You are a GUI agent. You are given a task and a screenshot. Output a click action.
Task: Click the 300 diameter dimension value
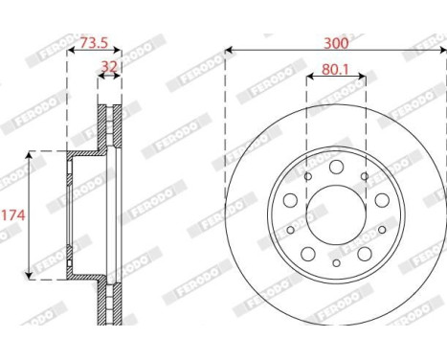(335, 43)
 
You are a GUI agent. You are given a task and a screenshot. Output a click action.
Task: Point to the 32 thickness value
(110, 68)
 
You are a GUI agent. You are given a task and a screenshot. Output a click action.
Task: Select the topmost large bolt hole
(336, 167)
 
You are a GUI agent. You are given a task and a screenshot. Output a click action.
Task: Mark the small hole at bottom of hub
(336, 263)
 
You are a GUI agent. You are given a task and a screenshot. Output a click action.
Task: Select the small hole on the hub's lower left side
(290, 230)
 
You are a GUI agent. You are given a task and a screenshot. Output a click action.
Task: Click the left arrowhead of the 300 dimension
(229, 49)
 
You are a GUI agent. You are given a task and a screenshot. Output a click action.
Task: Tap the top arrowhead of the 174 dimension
(31, 154)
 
